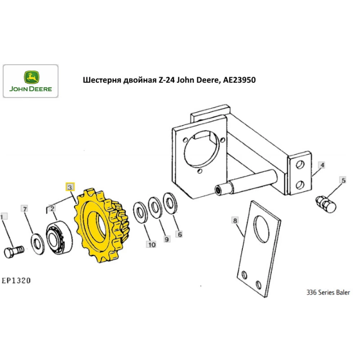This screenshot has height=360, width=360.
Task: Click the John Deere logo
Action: [30, 81]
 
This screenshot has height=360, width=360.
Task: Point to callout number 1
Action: [3, 217]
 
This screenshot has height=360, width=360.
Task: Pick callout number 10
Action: [151, 245]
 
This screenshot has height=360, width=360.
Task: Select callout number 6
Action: [179, 234]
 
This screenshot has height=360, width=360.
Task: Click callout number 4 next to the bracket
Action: [323, 165]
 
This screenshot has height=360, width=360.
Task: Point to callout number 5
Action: [343, 180]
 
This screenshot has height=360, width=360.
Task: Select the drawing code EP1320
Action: [16, 280]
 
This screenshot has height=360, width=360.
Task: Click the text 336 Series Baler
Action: [328, 293]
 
